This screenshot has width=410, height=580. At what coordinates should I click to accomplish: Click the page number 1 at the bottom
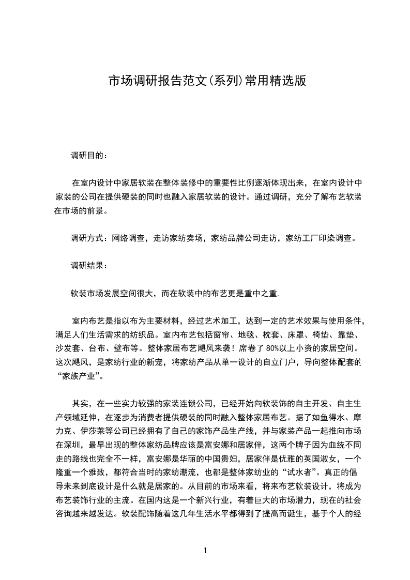pyautogui.click(x=205, y=551)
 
